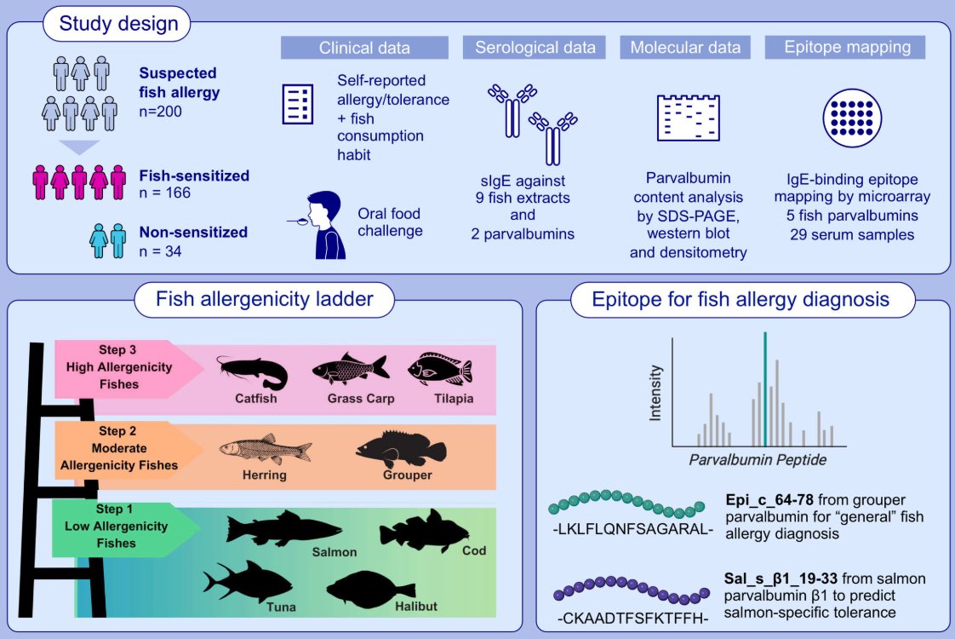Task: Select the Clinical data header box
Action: (364, 48)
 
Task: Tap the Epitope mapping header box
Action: (844, 48)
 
